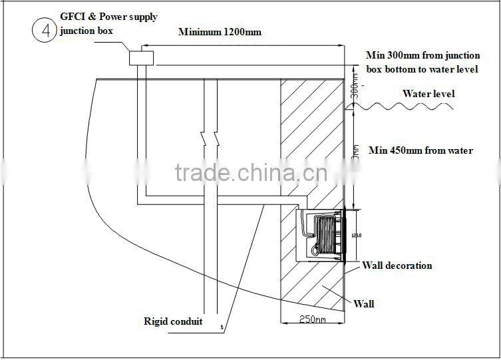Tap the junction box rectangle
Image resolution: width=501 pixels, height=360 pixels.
click(x=142, y=58)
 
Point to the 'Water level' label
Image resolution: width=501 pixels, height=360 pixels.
click(x=428, y=94)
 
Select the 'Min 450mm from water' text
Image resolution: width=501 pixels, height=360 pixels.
click(x=420, y=150)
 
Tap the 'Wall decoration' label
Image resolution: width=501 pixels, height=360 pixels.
click(x=397, y=266)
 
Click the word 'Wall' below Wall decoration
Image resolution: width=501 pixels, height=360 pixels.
click(x=363, y=304)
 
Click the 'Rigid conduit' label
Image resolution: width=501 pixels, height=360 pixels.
click(x=173, y=322)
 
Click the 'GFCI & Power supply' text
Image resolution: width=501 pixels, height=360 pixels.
click(x=108, y=17)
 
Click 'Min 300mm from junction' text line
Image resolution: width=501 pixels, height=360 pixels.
click(x=422, y=56)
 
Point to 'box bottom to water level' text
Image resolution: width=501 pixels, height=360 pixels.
click(x=422, y=69)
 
